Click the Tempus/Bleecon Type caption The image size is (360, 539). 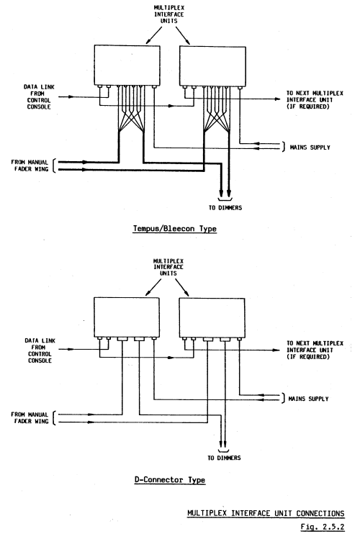[x=175, y=229]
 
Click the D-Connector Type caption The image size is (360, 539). [x=170, y=480]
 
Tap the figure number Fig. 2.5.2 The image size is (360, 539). [x=322, y=527]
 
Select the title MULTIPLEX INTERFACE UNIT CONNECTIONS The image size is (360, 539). [x=266, y=513]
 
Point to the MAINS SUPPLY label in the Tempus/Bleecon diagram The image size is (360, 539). [x=310, y=147]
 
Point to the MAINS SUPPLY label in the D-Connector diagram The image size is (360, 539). [x=308, y=399]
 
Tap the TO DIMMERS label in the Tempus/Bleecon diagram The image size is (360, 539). [x=225, y=208]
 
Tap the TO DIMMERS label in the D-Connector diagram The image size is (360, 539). [x=224, y=458]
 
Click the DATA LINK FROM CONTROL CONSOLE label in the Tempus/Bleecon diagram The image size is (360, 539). [x=39, y=97]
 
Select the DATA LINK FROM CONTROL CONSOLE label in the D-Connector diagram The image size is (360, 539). [x=40, y=350]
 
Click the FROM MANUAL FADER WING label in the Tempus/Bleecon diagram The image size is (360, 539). [x=30, y=166]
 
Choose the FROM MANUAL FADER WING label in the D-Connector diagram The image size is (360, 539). [x=30, y=417]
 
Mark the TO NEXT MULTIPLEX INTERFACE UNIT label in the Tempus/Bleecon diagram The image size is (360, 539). [x=315, y=100]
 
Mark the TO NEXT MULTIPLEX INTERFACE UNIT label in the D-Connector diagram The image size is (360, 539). [x=315, y=350]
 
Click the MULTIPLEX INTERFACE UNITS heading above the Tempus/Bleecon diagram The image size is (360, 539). [x=168, y=14]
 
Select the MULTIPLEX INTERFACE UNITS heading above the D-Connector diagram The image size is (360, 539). [x=168, y=267]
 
